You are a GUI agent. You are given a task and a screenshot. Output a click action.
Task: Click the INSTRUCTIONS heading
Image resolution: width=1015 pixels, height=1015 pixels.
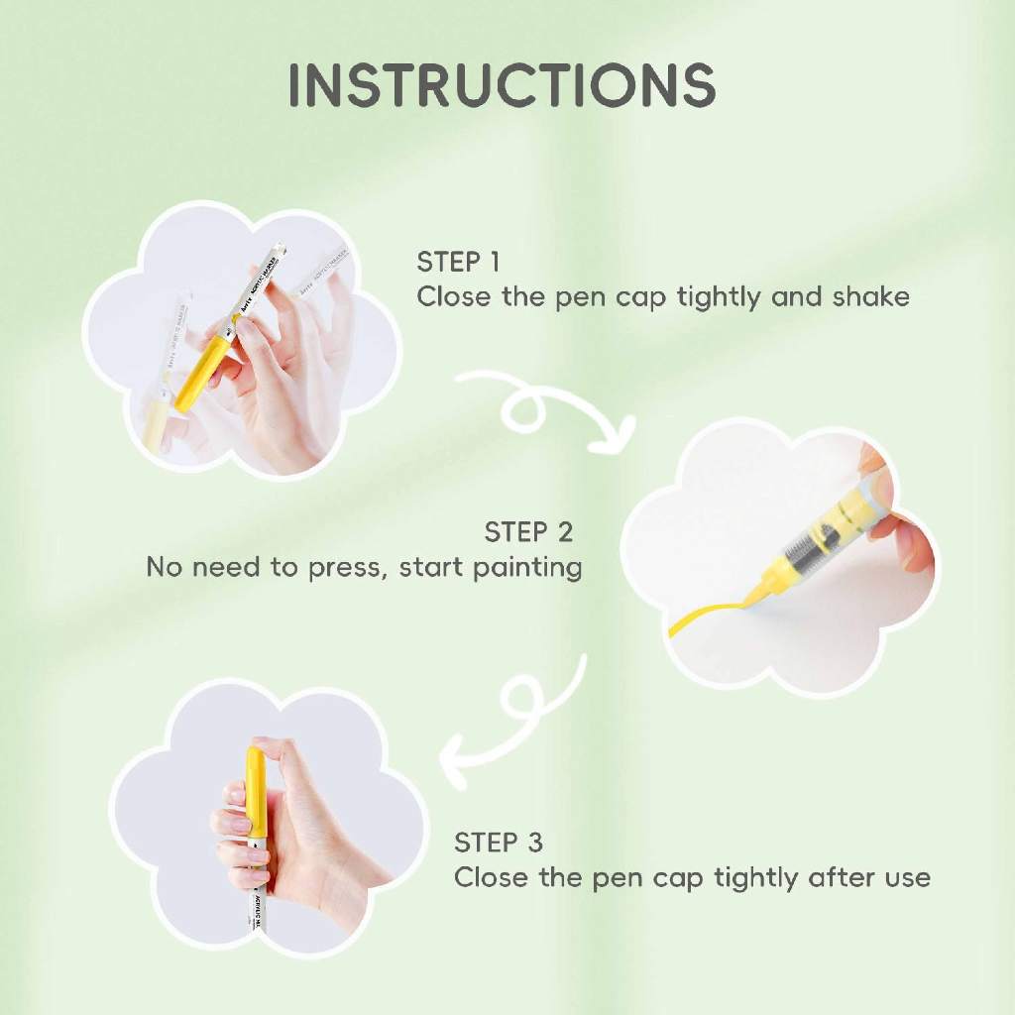[x=502, y=85]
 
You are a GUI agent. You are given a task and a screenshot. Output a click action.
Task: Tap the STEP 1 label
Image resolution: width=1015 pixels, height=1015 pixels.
[x=458, y=262]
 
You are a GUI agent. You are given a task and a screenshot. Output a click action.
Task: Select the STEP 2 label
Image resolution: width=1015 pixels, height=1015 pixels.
[x=528, y=532]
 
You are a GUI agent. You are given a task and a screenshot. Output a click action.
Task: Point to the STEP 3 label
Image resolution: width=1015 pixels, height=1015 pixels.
[x=498, y=843]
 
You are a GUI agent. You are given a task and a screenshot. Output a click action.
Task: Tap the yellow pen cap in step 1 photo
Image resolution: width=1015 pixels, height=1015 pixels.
[x=201, y=365]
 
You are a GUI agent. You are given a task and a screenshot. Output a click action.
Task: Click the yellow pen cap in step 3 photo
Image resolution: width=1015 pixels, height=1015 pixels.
[x=255, y=794]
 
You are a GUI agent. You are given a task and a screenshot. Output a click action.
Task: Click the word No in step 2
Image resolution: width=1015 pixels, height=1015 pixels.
[x=164, y=568]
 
